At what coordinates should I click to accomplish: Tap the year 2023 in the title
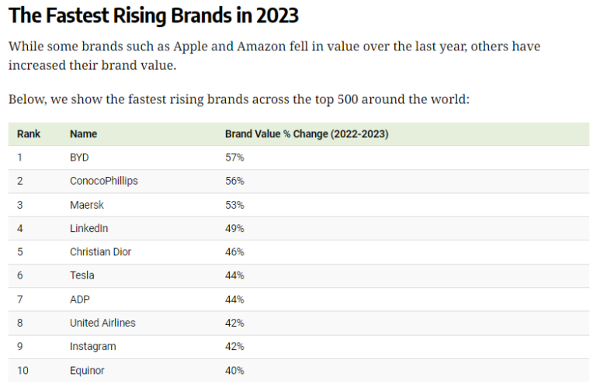click(277, 16)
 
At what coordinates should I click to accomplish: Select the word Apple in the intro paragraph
click(190, 47)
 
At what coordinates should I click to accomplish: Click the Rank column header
click(29, 134)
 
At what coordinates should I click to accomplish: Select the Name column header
click(83, 134)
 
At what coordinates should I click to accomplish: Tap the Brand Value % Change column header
click(307, 134)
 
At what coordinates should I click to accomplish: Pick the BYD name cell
click(79, 157)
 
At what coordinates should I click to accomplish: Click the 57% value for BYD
click(234, 157)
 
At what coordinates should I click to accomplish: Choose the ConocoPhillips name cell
click(104, 182)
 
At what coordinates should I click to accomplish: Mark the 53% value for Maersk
click(234, 205)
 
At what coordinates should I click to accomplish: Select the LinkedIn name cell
click(88, 228)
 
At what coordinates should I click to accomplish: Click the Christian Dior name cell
click(100, 252)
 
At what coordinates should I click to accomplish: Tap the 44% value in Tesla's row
click(234, 275)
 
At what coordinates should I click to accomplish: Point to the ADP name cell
click(80, 299)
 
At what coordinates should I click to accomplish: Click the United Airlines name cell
click(102, 323)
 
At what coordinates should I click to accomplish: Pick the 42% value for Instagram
click(234, 347)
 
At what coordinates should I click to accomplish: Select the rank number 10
click(23, 371)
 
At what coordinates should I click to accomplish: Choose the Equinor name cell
click(87, 371)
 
